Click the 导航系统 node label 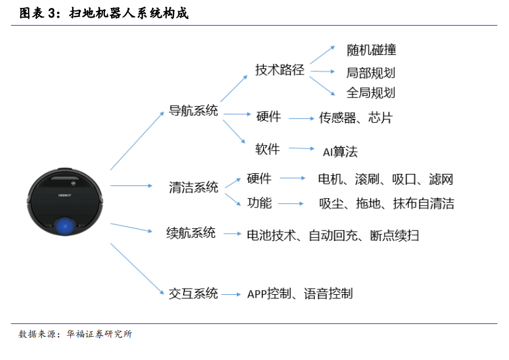[x=193, y=110]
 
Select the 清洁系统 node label [x=193, y=187]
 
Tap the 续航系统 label [x=191, y=232]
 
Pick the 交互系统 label [x=193, y=293]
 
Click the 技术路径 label [x=280, y=70]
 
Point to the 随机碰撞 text [x=372, y=50]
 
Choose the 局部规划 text [x=370, y=73]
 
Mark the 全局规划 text [x=370, y=93]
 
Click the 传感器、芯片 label [x=356, y=118]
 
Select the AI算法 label [x=340, y=152]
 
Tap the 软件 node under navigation [x=267, y=149]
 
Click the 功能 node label [x=259, y=203]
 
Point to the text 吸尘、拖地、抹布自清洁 [x=386, y=204]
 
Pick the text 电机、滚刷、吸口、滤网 [x=386, y=179]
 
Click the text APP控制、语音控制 [x=300, y=293]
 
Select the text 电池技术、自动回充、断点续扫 [x=333, y=236]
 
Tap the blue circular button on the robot [x=65, y=226]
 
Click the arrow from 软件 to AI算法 [x=301, y=148]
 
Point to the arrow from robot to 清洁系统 [x=131, y=185]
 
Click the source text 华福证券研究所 [x=99, y=334]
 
